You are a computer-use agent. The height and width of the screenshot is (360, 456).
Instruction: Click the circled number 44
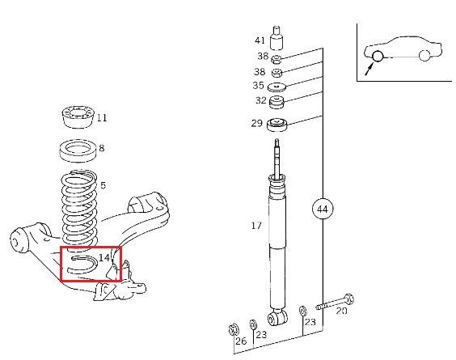323,210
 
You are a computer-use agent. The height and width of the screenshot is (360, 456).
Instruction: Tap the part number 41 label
260,40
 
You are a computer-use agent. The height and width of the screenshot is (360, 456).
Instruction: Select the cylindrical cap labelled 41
277,38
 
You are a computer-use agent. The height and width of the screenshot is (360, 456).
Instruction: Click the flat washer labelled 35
277,87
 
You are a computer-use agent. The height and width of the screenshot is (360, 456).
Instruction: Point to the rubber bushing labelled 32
277,102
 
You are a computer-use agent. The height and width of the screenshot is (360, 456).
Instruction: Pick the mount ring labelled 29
277,125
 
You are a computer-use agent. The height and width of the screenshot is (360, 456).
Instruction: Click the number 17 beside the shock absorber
256,226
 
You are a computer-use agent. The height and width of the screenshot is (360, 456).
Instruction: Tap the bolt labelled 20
335,303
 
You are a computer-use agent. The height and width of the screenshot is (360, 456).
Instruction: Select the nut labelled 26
234,329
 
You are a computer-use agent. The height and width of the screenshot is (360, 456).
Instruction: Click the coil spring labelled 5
79,210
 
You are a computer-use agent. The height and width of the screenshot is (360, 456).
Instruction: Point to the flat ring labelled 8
78,150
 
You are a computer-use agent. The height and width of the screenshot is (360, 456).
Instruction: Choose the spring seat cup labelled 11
78,117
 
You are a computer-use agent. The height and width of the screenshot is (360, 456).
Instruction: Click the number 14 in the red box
104,258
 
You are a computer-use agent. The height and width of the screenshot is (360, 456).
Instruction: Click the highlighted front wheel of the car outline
378,56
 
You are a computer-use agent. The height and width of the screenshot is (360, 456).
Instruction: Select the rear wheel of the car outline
424,55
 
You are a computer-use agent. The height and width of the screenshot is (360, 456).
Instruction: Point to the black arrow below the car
369,70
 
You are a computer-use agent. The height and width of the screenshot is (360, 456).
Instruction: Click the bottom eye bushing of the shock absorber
278,318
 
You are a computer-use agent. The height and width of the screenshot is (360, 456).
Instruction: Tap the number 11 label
102,118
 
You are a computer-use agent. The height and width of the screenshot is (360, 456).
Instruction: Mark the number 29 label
257,124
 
